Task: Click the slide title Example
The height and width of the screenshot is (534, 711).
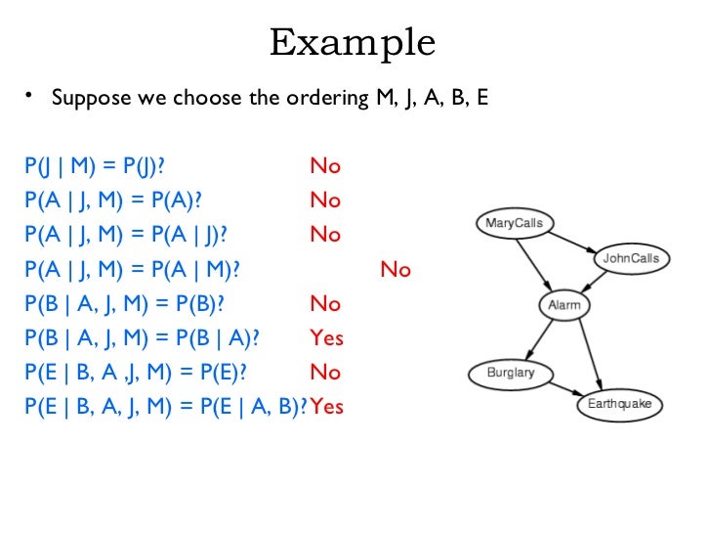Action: [353, 42]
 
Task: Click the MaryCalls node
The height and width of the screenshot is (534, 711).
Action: [514, 223]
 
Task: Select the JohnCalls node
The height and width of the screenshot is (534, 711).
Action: [630, 258]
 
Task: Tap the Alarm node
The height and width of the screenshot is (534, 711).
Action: [564, 305]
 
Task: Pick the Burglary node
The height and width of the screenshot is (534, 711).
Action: [510, 373]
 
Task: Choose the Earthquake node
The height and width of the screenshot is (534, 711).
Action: [618, 404]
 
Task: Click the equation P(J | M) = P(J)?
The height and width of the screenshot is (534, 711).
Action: [89, 165]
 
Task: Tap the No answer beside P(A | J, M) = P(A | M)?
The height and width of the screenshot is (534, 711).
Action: [396, 270]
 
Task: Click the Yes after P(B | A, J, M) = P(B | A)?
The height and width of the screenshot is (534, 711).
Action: [326, 338]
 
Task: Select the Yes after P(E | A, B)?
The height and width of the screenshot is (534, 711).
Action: [327, 407]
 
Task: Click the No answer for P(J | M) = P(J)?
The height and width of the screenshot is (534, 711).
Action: [325, 166]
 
